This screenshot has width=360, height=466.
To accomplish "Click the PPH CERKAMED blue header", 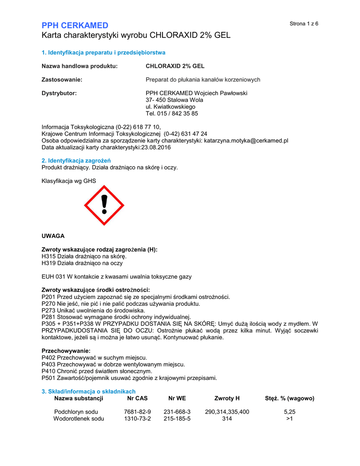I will (75, 25).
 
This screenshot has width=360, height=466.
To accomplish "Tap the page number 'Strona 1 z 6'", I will (304, 24).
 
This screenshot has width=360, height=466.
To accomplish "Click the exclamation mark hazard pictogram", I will (104, 205).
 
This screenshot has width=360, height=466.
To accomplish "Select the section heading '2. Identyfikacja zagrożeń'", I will (76, 161).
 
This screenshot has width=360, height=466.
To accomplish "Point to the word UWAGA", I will (53, 236).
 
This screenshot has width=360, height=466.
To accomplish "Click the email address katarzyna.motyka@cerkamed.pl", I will (246, 141).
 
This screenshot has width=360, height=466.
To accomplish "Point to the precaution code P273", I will (48, 310).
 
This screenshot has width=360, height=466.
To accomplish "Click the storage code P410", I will (48, 371).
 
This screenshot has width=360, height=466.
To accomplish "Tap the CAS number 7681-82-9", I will (137, 412).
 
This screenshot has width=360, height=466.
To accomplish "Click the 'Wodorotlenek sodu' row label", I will (79, 419).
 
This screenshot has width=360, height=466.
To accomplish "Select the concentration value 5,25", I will (289, 412).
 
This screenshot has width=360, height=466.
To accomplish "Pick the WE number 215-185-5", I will (177, 419).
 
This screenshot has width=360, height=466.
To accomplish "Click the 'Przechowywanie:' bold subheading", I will (66, 351).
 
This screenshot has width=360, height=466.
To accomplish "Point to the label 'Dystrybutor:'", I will (59, 93).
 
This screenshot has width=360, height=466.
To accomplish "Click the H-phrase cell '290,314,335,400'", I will (227, 412).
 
